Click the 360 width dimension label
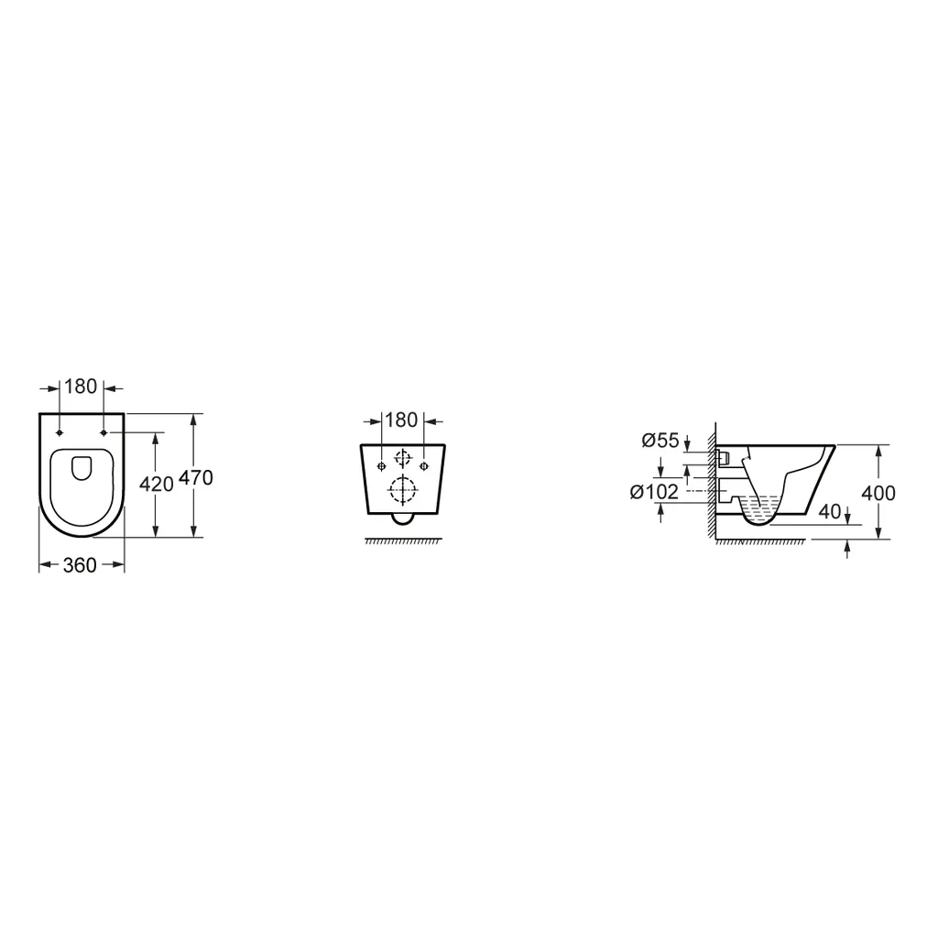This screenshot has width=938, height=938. click(x=80, y=565)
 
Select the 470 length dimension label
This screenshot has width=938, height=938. click(x=196, y=478)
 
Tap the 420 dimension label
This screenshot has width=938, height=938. click(x=156, y=484)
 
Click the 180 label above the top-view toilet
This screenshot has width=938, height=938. click(x=81, y=387)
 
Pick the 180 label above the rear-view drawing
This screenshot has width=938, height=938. click(x=401, y=420)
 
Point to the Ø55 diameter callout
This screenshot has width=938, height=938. click(x=660, y=441)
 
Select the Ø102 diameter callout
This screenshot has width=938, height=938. click(x=654, y=492)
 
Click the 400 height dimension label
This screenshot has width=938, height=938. click(x=878, y=494)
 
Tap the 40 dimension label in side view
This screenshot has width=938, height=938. click(x=829, y=511)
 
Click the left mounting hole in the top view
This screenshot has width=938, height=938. click(x=60, y=432)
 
